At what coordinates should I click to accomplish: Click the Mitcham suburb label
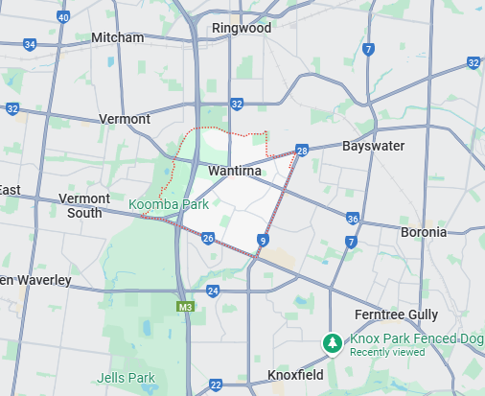tap(117, 37)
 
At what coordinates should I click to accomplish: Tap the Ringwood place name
tap(241, 28)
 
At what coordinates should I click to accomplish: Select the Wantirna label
tap(236, 171)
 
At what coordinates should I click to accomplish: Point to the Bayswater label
tap(373, 146)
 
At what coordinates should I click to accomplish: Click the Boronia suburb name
tap(423, 232)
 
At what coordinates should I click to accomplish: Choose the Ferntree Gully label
tap(396, 314)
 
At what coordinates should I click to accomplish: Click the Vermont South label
tap(85, 205)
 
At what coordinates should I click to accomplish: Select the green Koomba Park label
tap(169, 205)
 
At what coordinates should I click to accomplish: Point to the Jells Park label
tap(126, 378)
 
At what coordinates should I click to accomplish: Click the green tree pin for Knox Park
tap(333, 342)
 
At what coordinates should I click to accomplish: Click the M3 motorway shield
tap(185, 308)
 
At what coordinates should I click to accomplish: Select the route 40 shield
tap(63, 17)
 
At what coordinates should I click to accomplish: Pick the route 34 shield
tap(30, 44)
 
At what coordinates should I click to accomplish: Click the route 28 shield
tap(302, 151)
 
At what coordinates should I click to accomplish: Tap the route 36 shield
tap(353, 219)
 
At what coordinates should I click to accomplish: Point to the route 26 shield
tap(208, 237)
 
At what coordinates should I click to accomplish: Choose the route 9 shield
tap(262, 240)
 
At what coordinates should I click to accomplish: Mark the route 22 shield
tap(216, 384)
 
